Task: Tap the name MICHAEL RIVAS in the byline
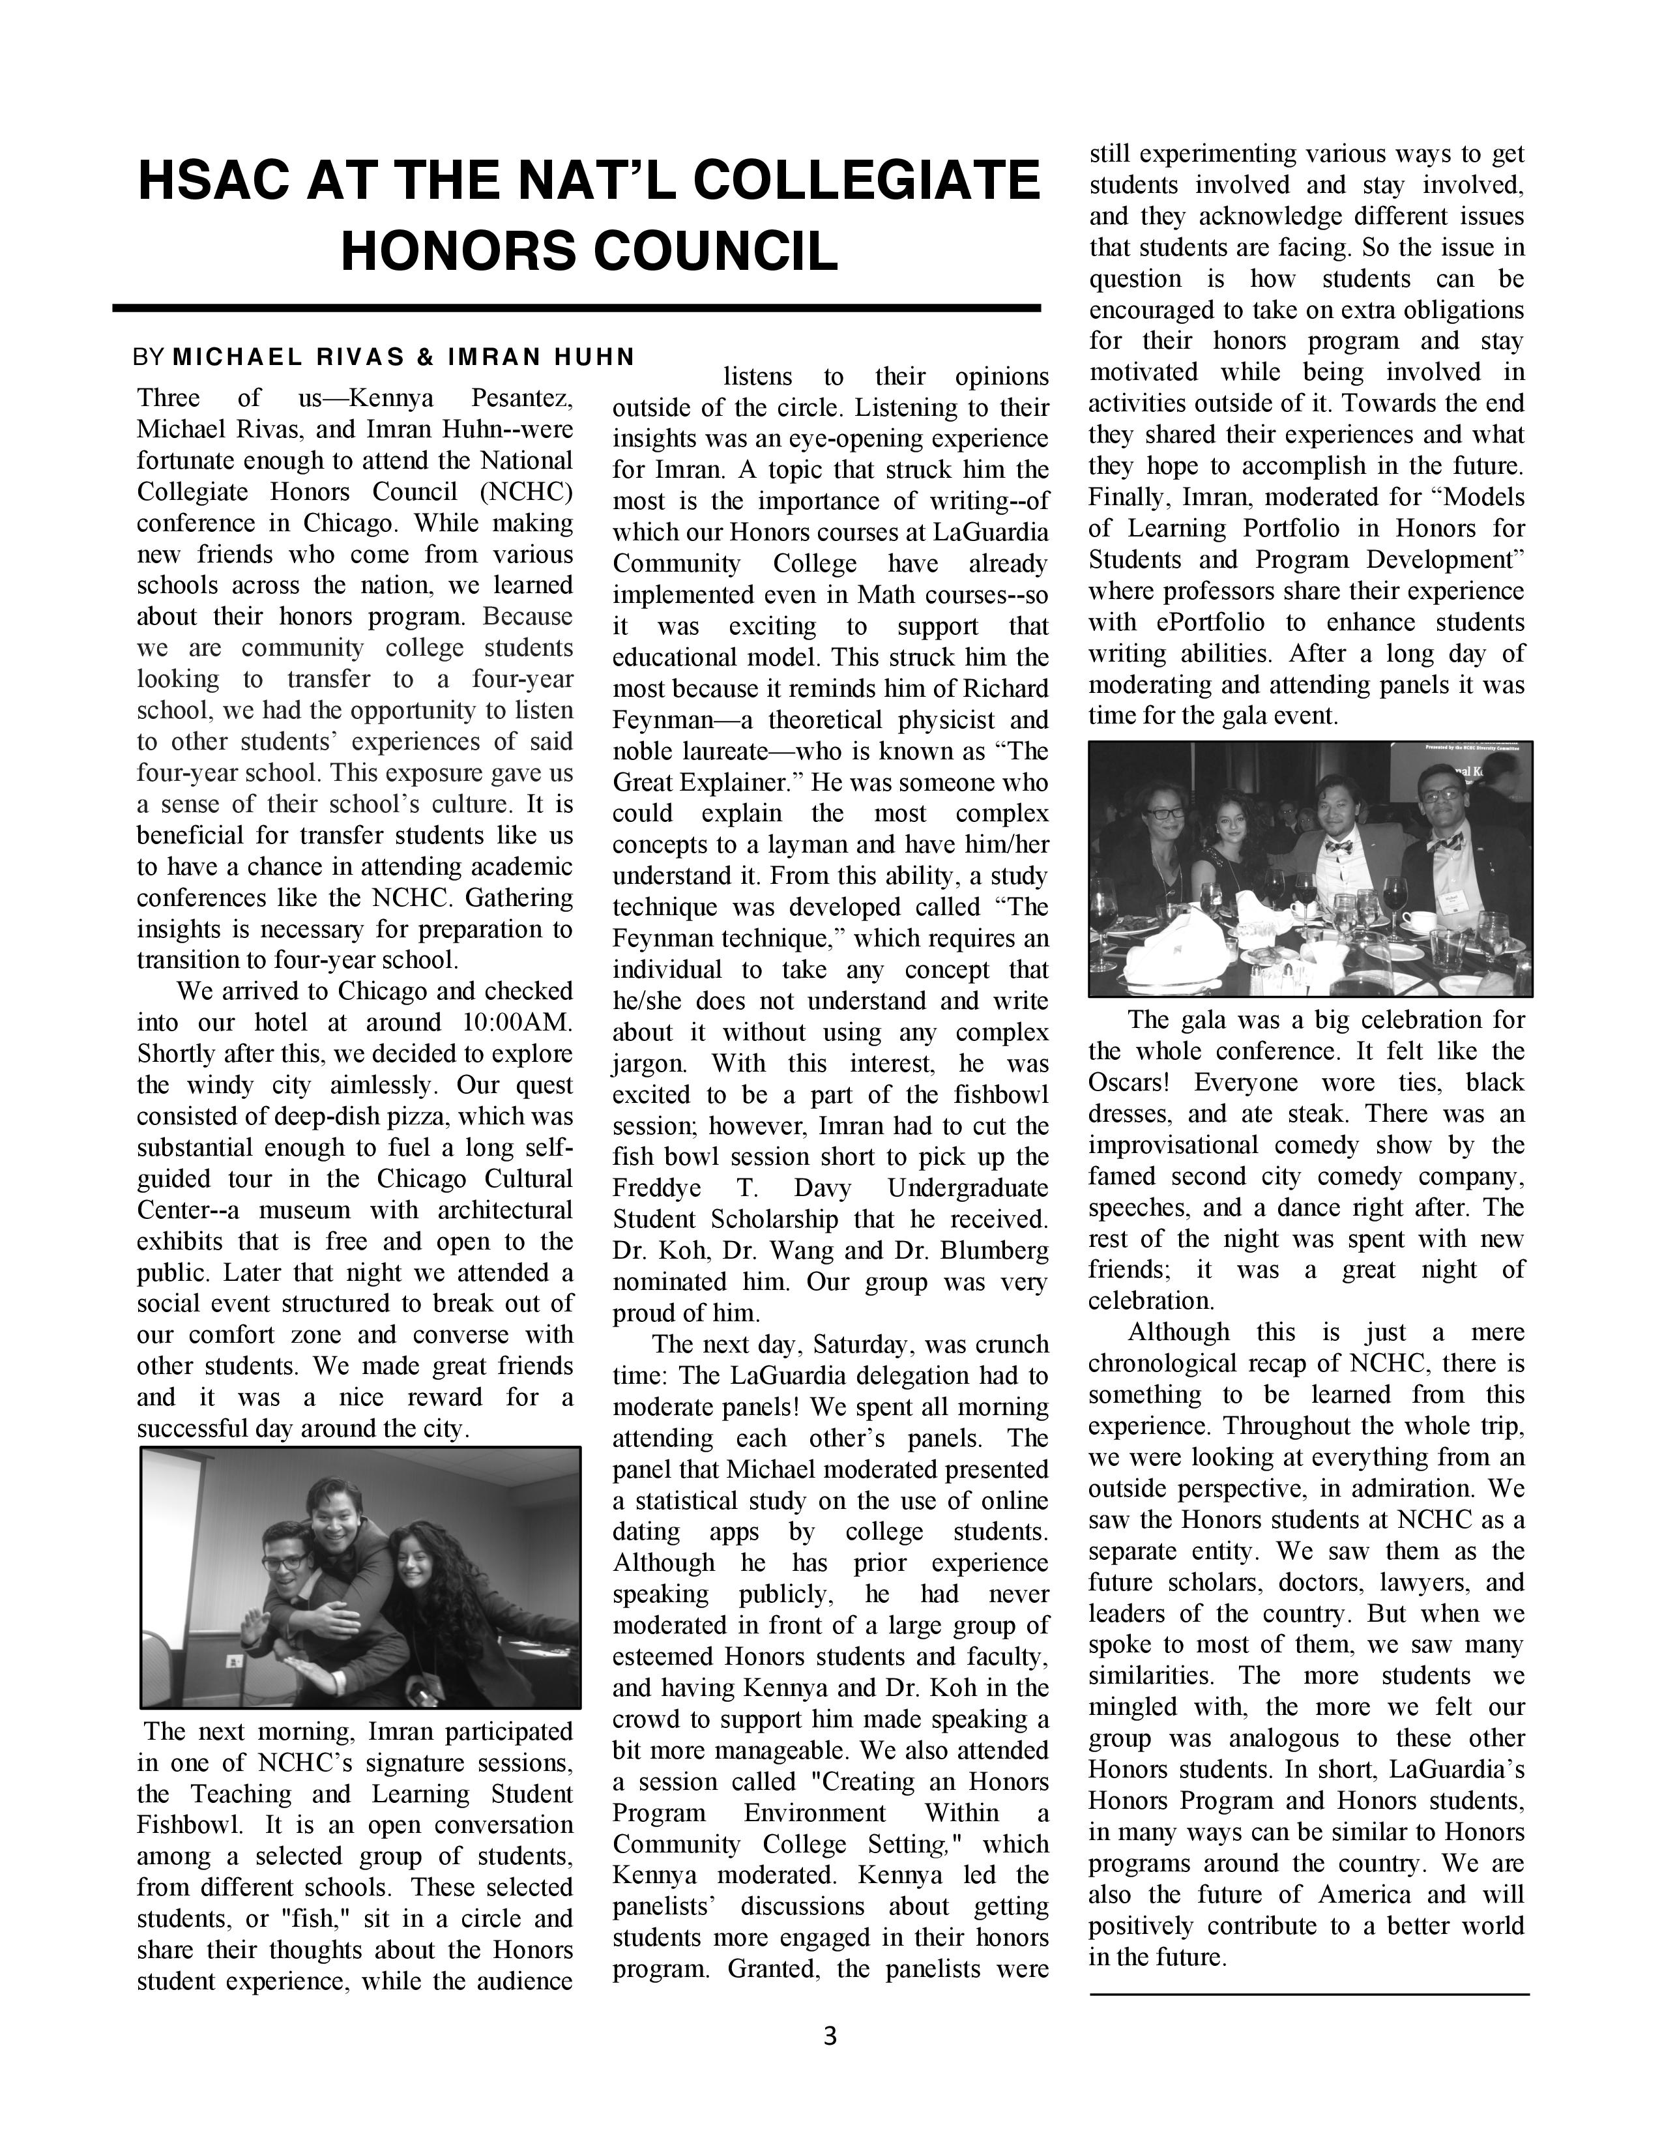point(289,357)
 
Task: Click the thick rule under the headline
point(577,308)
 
